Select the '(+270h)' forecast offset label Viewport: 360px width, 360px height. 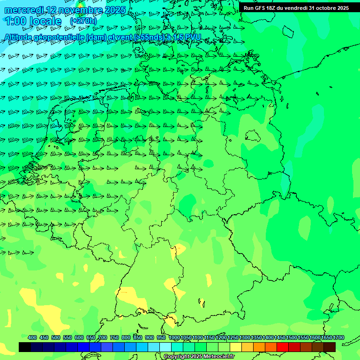(83, 21)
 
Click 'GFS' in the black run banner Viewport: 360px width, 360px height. (264, 8)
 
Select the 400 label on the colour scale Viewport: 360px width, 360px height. (32, 337)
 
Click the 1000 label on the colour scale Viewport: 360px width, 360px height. (174, 337)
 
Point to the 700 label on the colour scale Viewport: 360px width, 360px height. (103, 337)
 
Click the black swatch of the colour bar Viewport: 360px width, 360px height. (25, 347)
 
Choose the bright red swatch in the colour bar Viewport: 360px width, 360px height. (283, 347)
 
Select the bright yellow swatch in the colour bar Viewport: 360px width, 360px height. (236, 347)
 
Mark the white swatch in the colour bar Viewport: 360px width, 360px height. (165, 347)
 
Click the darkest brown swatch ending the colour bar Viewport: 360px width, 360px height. (330, 347)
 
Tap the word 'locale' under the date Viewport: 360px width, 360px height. (45, 21)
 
